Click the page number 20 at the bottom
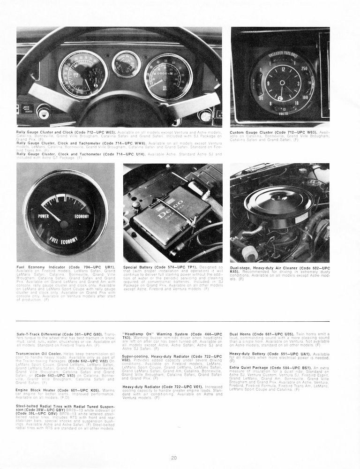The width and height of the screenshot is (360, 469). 174,458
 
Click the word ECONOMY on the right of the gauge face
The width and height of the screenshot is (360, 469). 82,216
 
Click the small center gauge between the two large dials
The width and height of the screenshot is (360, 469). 127,64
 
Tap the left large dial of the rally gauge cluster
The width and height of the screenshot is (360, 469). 83,74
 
